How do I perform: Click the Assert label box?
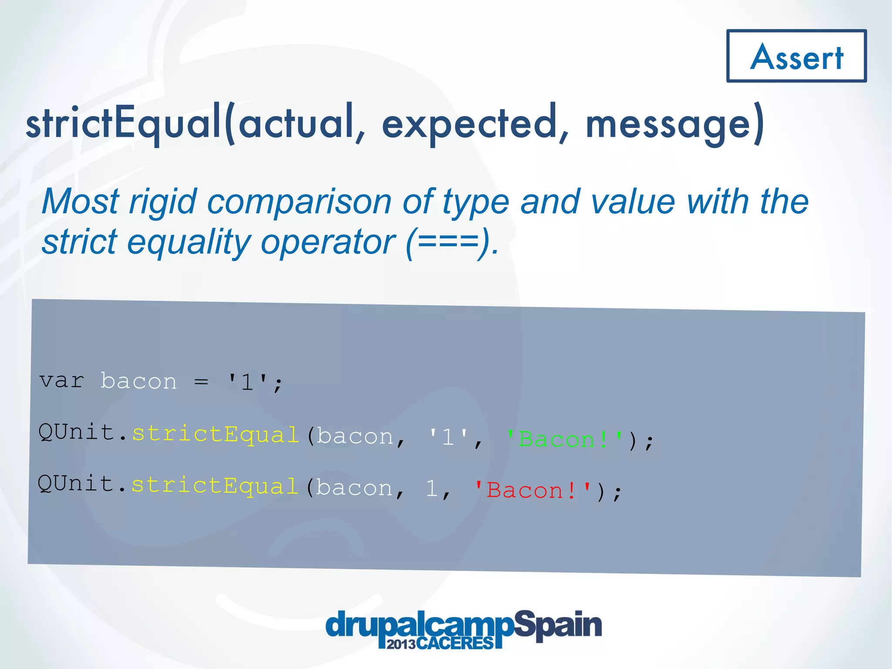click(796, 56)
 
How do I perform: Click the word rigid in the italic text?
click(163, 202)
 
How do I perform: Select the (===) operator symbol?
click(449, 242)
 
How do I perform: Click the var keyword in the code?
click(61, 381)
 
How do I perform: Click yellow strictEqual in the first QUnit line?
click(216, 435)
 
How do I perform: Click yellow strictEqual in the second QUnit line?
click(215, 486)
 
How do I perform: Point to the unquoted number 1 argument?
click(431, 489)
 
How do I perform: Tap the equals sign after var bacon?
click(201, 382)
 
